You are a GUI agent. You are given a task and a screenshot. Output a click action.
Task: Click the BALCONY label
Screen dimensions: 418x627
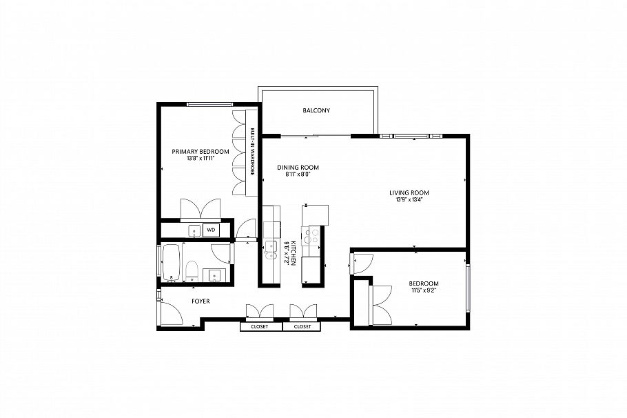click(316, 110)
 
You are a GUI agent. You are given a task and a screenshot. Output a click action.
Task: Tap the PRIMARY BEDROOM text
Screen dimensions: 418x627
click(200, 151)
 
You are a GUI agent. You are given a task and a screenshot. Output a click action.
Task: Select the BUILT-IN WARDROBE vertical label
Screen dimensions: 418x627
click(253, 153)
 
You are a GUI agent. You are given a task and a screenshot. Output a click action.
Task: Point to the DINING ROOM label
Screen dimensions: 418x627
click(298, 168)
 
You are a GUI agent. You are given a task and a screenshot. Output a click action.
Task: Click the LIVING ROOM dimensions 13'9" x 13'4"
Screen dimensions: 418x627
click(413, 200)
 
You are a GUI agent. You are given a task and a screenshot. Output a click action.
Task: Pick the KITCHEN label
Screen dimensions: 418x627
click(293, 254)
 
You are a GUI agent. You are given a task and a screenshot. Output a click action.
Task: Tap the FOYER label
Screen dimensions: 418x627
click(200, 302)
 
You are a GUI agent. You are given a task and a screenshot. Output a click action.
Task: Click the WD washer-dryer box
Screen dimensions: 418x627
click(211, 230)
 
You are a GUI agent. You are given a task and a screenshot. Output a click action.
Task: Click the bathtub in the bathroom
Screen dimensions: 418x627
click(171, 263)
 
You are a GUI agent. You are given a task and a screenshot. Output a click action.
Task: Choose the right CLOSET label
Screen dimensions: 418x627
click(302, 327)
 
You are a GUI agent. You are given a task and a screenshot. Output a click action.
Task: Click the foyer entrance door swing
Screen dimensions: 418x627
click(169, 315)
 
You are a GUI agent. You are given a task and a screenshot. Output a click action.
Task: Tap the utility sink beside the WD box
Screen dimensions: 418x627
click(194, 230)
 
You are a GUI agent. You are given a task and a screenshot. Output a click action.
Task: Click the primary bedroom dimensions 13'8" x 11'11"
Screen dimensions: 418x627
click(200, 159)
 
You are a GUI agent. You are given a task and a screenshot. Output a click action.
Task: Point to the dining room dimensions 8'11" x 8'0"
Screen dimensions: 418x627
click(298, 175)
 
